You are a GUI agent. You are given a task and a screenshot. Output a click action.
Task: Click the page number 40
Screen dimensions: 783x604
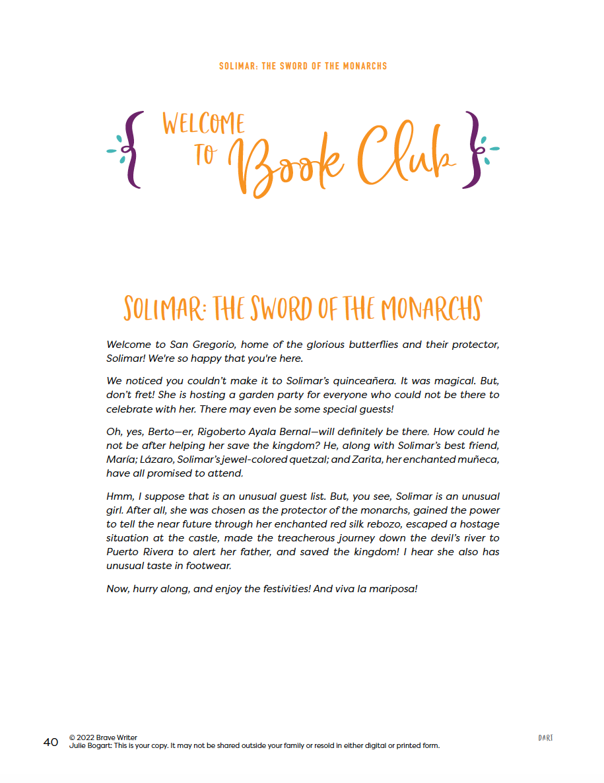[x=51, y=742]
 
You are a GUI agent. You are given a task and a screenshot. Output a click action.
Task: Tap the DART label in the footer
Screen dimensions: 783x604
[x=545, y=737]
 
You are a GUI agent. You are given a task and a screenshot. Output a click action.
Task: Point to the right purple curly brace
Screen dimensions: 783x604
[x=473, y=150]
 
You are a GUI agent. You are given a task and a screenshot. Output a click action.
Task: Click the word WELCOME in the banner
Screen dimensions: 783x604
[x=203, y=124]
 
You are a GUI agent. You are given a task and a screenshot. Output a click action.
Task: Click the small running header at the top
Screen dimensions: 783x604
[x=303, y=66]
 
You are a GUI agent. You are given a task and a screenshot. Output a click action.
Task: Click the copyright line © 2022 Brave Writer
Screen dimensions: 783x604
[x=103, y=737]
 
